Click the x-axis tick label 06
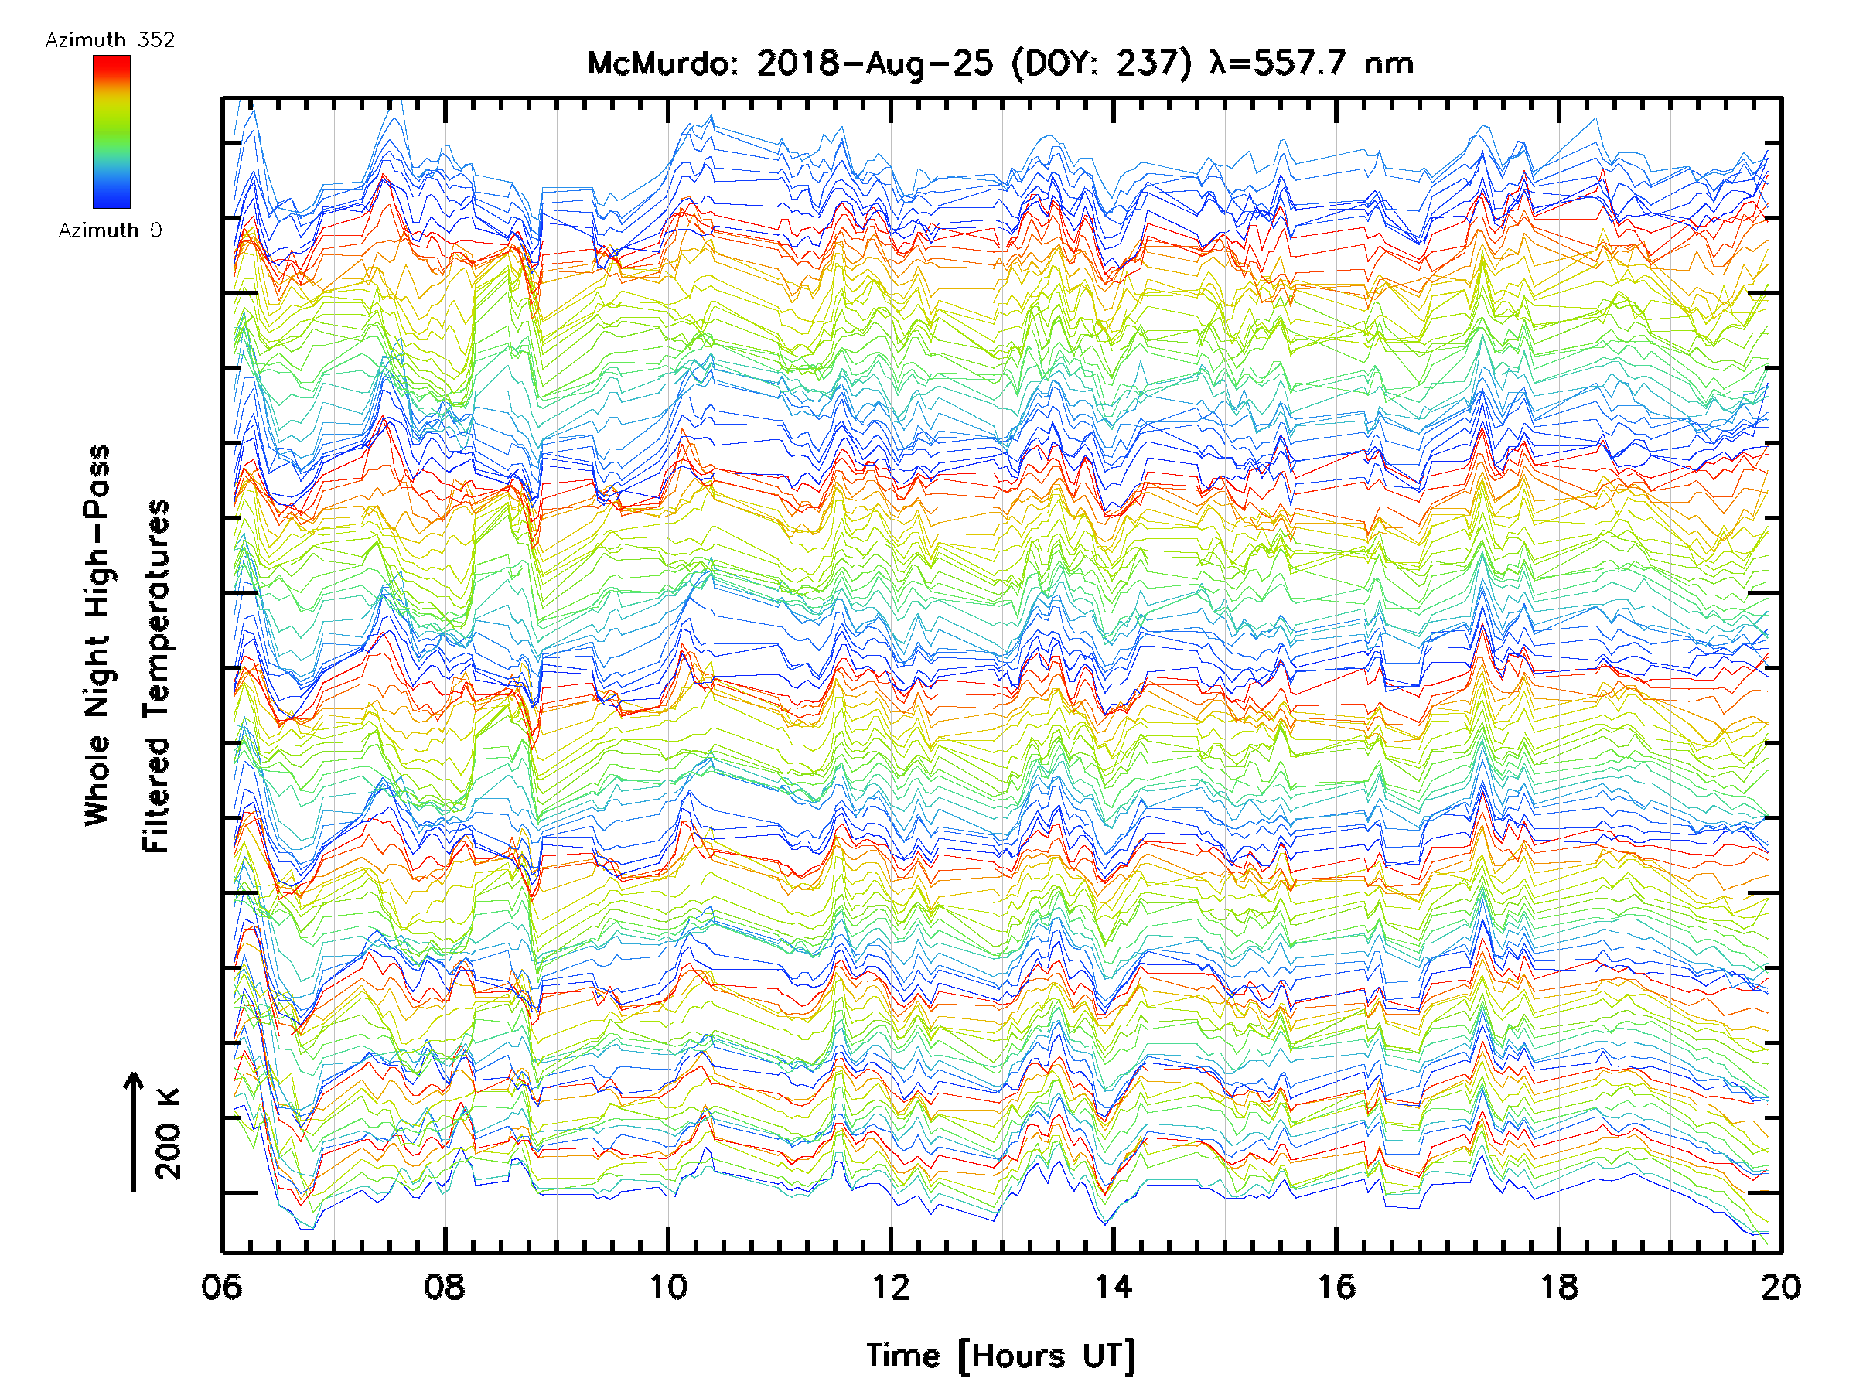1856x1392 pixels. (x=221, y=1286)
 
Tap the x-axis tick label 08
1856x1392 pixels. (x=445, y=1286)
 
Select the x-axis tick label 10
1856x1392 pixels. (x=668, y=1286)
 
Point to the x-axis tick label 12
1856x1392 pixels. (x=890, y=1286)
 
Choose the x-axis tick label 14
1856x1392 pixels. (x=1114, y=1286)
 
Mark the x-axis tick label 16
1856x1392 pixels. (x=1336, y=1286)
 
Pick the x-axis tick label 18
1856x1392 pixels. (x=1559, y=1286)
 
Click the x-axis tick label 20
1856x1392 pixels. (x=1780, y=1286)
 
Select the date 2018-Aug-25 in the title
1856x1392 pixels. (x=875, y=63)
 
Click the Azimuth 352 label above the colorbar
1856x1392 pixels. (x=110, y=39)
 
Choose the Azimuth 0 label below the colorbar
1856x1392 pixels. (x=110, y=230)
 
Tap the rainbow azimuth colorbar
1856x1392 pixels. (x=111, y=131)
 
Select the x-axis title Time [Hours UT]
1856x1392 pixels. (x=1000, y=1356)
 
